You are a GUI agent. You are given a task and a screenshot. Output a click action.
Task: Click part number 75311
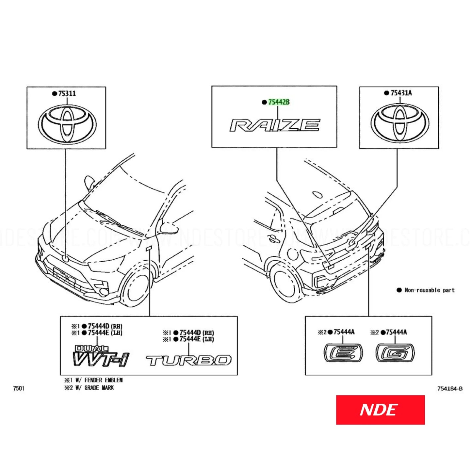point(67,93)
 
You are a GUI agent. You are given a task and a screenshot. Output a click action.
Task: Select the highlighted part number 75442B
point(279,102)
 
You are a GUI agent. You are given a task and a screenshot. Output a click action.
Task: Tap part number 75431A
point(401,93)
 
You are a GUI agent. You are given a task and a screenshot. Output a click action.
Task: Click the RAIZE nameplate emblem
point(275,125)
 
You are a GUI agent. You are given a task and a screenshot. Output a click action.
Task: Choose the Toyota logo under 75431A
point(400,123)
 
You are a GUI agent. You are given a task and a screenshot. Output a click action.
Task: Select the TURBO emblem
point(188,360)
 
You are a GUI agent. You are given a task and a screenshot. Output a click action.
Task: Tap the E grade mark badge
point(343,353)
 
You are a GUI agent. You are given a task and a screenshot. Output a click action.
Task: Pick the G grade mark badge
point(395,353)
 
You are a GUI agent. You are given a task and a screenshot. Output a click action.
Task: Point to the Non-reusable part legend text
point(430,290)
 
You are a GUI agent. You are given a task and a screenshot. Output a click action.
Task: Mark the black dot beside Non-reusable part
point(399,290)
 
